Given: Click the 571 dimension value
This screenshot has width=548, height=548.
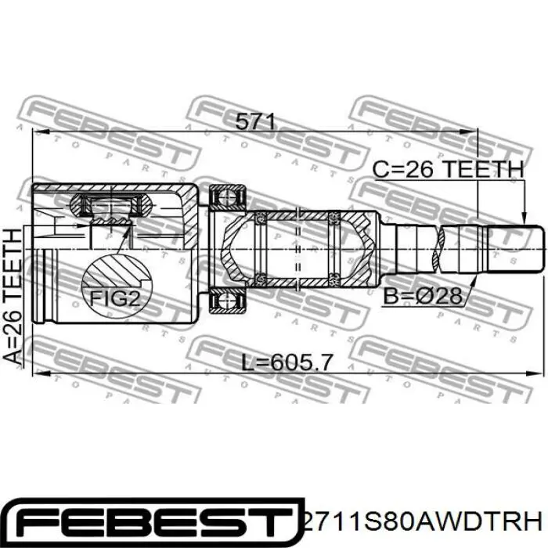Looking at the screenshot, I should pos(256,121).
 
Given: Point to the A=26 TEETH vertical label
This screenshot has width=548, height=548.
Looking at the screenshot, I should pos(13,297).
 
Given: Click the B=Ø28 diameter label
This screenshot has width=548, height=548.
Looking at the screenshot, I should pos(423,295).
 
